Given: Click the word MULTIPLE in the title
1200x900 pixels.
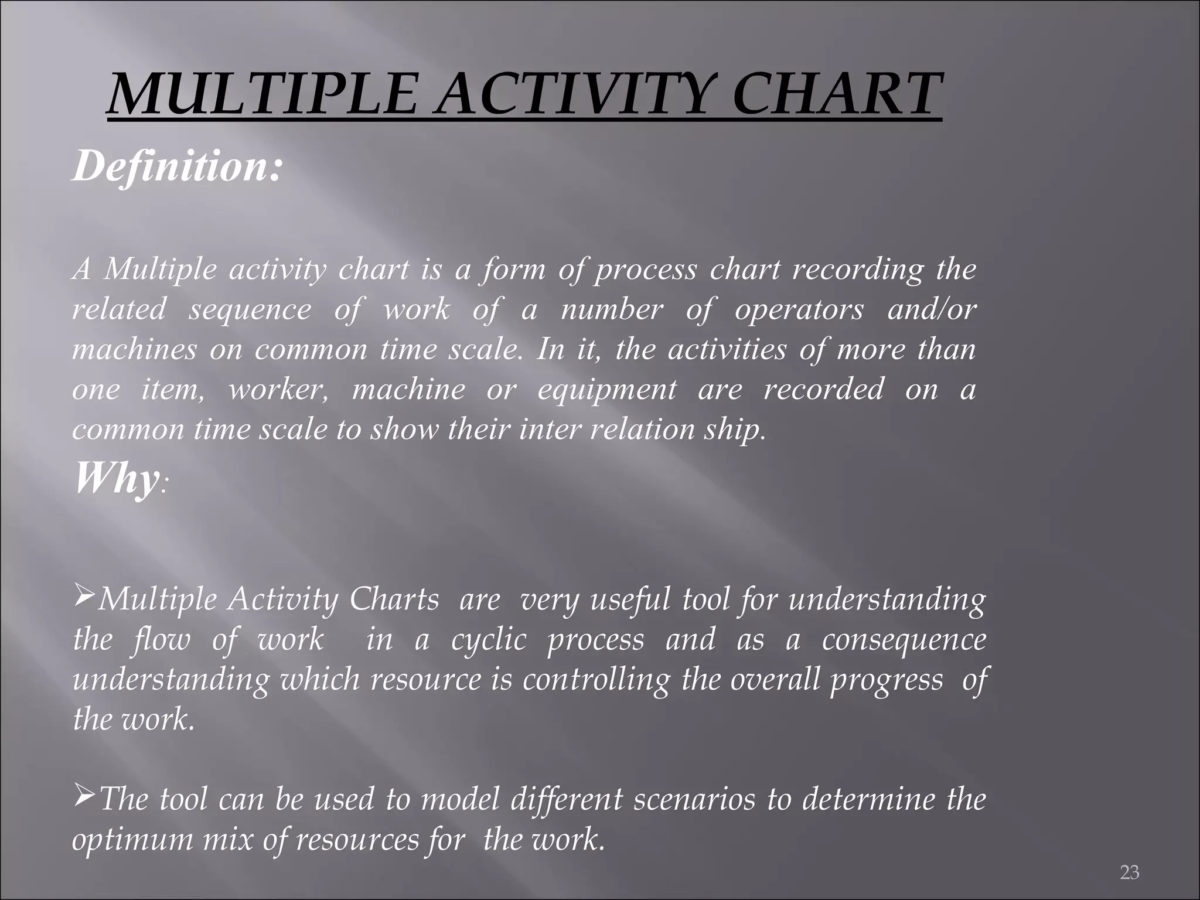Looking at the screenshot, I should (x=264, y=94).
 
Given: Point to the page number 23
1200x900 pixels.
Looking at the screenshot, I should (x=1129, y=872).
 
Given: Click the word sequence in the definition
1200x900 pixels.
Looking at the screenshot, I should (x=250, y=309).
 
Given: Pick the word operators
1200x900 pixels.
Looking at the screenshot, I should (x=799, y=309).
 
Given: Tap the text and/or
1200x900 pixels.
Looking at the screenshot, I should (x=932, y=309).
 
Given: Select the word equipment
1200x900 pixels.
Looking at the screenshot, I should (x=607, y=390).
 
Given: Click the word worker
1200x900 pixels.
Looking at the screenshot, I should (x=278, y=390).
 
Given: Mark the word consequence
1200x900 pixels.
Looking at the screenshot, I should (x=904, y=639).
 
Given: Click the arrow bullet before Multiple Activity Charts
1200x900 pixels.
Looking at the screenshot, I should (x=84, y=598).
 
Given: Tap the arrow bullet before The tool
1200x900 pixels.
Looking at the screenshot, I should (x=84, y=797).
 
